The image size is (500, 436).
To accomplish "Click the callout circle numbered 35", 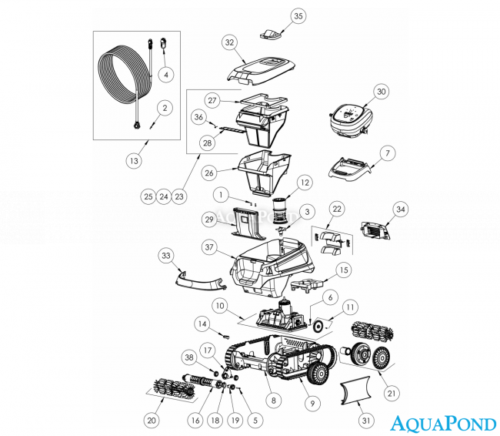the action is pos(298,16).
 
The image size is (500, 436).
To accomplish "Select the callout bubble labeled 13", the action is pos(134,160).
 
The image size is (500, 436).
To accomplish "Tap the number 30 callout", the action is pos(382,92).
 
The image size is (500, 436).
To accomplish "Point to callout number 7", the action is pos(388,153).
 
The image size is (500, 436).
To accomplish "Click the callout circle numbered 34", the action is pos(401,210).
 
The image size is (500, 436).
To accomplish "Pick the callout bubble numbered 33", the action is pos(166,256).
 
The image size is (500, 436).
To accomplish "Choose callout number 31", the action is pos(365,421).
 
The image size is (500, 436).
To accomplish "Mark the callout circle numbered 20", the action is pos(152,421).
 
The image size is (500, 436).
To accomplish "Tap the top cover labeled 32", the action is pos(261,71).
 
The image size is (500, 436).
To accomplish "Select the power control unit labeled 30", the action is pos(351,121).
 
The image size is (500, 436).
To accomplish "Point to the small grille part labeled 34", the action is pos(375,230).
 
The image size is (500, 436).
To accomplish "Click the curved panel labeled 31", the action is pos(355,391).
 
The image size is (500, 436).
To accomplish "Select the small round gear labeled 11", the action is pos(318,326).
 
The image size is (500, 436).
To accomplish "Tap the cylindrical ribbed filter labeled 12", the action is pos(281,210).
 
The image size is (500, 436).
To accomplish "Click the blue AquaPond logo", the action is pos(443,424).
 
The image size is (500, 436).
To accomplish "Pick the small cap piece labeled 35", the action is pos(271,34).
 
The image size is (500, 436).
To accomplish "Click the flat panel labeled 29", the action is pos(248,223).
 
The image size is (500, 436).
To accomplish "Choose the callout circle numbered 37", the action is pos(209,247).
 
